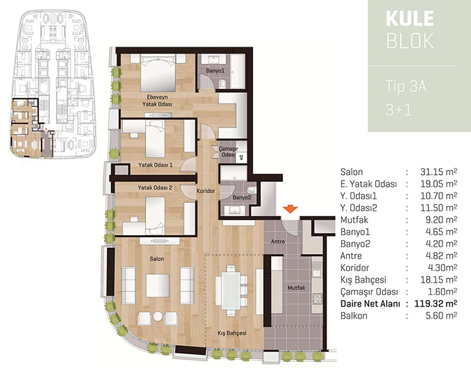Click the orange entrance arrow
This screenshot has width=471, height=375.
click(x=290, y=209)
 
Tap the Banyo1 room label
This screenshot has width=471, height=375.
click(x=215, y=71)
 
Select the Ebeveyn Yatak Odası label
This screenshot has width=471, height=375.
click(x=157, y=101)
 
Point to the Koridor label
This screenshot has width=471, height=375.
click(x=205, y=191)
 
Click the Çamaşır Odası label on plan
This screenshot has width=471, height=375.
click(x=228, y=152)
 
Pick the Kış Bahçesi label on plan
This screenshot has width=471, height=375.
click(x=232, y=333)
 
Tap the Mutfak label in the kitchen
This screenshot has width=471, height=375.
click(x=296, y=287)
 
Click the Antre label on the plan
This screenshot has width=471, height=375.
click(x=278, y=241)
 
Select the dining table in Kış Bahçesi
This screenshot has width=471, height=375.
click(x=231, y=290)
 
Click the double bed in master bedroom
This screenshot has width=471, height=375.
click(x=158, y=73)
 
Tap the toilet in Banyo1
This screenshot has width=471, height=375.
click(x=223, y=83)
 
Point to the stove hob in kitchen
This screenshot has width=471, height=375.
click(x=317, y=299)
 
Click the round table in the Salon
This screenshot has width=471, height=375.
click(x=158, y=316)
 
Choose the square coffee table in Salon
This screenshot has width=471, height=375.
click(x=158, y=285)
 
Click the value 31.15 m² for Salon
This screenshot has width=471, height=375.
click(x=438, y=172)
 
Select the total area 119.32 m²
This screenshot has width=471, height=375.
click(x=436, y=304)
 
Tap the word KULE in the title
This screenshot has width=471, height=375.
click(x=410, y=19)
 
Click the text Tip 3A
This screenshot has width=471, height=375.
click(x=406, y=87)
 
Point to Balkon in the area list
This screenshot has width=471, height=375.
click(x=354, y=316)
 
